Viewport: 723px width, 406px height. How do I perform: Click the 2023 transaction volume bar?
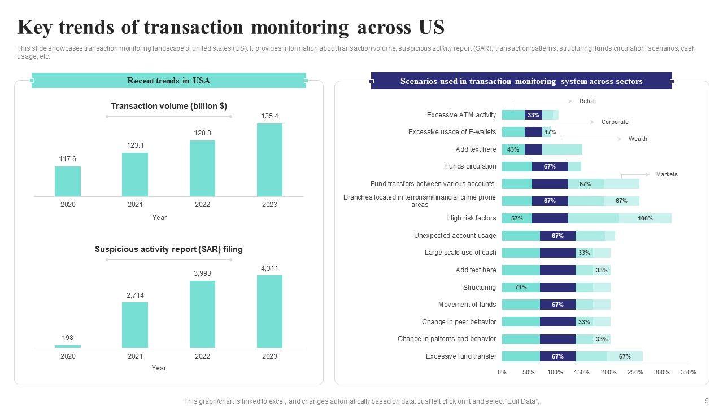269,160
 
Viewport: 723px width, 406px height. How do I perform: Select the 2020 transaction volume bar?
68,181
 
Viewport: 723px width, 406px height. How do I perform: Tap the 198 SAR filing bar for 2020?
68,346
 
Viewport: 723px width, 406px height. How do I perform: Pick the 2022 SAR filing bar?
202,314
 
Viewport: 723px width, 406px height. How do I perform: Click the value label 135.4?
269,116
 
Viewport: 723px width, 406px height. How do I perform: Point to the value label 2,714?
135,295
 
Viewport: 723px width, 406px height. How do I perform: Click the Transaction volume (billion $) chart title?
169,106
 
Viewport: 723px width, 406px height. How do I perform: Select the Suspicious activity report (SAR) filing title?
169,249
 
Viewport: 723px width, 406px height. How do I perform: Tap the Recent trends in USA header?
168,81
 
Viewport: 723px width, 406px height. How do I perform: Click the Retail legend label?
587,101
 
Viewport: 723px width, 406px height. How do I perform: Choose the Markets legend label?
667,175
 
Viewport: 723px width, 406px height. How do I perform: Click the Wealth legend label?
638,139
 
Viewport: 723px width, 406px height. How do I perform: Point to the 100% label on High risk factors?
645,218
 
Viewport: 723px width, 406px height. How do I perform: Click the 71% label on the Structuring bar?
521,288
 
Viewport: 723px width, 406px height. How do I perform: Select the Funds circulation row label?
471,166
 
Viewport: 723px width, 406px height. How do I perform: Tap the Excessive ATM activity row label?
461,115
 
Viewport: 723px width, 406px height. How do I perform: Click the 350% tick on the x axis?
689,372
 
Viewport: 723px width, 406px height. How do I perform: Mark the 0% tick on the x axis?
502,372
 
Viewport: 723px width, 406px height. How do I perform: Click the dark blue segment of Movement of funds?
558,304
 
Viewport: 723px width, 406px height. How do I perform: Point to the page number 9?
707,401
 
